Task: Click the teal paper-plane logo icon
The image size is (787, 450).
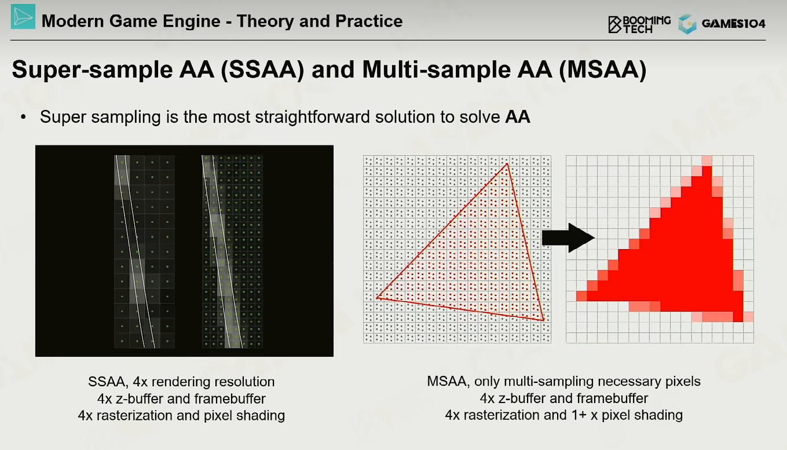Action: (x=23, y=17)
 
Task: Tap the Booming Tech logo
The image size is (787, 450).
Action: (x=639, y=24)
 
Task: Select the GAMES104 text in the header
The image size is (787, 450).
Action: (x=733, y=24)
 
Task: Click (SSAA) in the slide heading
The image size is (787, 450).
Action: (x=262, y=69)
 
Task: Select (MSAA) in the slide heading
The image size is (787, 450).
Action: (x=602, y=69)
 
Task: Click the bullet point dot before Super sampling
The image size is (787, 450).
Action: (x=23, y=118)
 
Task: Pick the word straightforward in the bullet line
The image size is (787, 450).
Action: (x=312, y=117)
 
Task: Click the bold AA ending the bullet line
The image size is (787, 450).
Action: (x=518, y=117)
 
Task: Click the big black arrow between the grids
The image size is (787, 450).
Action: (x=568, y=237)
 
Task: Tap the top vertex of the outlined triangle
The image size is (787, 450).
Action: (x=507, y=164)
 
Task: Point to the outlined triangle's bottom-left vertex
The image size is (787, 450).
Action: (x=377, y=298)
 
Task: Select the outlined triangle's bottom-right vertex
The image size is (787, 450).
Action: (x=544, y=320)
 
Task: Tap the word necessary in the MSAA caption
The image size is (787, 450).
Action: (x=596, y=382)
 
